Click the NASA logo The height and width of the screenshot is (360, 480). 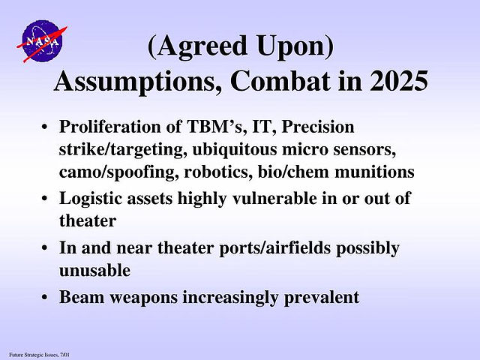(x=42, y=40)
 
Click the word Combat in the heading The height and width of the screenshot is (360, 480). (x=280, y=81)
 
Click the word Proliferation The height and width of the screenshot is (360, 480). (x=110, y=127)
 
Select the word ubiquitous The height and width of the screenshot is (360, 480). (x=235, y=150)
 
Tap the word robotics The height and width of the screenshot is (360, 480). (x=218, y=172)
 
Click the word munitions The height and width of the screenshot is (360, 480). (x=374, y=172)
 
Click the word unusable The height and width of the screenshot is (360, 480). (x=94, y=270)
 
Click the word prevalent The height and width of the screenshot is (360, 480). (x=322, y=298)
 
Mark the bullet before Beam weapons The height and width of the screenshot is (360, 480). (x=45, y=297)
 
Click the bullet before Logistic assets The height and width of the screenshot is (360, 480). (x=45, y=198)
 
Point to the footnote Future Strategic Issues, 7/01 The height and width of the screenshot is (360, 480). (x=39, y=355)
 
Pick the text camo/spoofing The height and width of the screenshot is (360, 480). (x=118, y=172)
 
